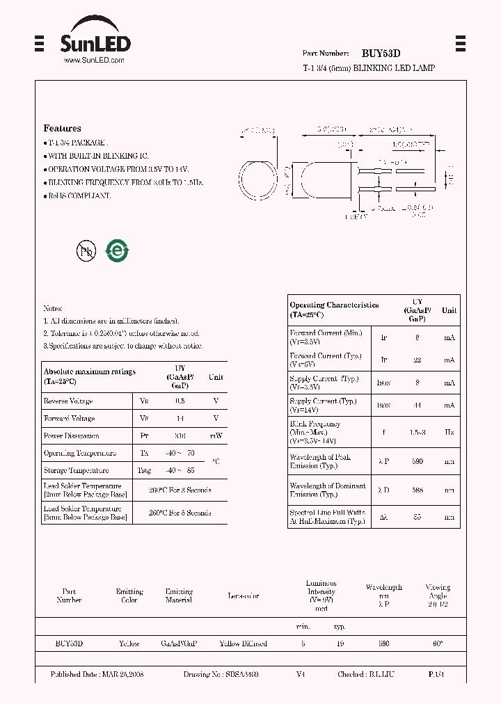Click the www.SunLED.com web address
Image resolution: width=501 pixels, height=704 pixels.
point(94,61)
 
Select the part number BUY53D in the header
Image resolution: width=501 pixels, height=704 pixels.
point(381,54)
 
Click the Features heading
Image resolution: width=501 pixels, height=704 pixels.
point(62,129)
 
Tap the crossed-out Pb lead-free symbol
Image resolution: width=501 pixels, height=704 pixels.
point(86,251)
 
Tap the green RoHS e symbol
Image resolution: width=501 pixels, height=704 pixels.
point(116,251)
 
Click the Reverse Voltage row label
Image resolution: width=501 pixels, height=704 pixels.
point(67,401)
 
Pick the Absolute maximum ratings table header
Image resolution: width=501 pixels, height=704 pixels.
point(90,376)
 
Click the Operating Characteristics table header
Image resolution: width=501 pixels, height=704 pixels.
point(334,310)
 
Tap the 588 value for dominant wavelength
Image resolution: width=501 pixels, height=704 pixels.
point(417,490)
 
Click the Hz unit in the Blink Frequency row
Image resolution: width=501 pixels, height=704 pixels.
point(449,432)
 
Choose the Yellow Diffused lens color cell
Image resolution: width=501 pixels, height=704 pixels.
point(243,644)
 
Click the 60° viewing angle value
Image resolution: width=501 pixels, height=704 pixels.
point(438,644)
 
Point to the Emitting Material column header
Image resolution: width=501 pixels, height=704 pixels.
point(179,595)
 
